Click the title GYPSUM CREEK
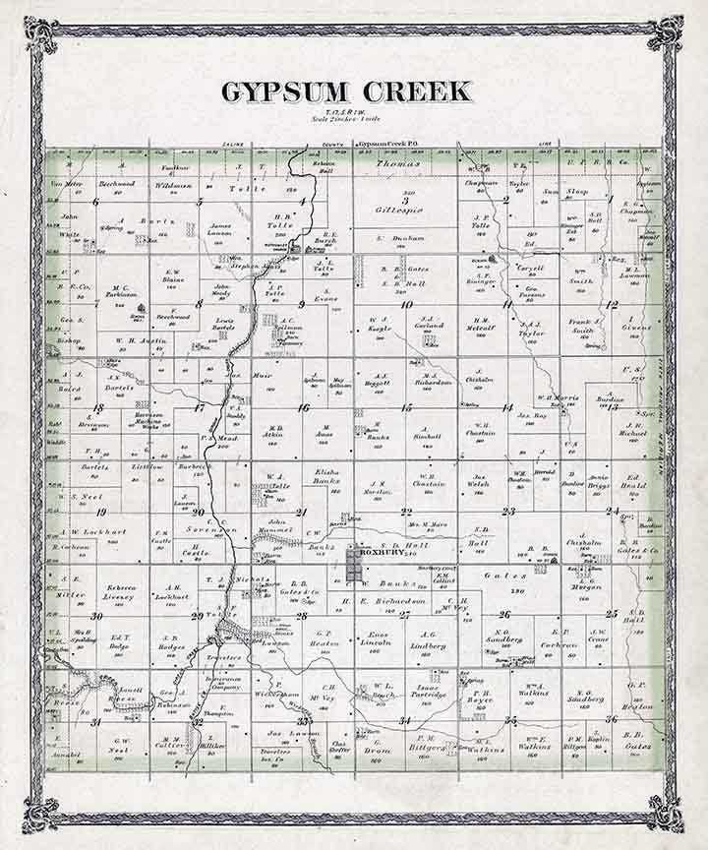point(346,92)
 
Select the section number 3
point(404,201)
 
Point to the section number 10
point(405,304)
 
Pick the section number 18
point(97,407)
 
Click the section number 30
point(96,617)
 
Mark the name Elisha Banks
point(325,476)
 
